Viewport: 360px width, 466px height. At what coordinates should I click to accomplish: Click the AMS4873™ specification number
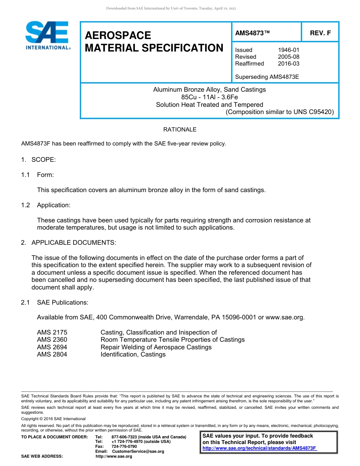pos(252,33)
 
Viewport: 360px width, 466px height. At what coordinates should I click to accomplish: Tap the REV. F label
pos(320,33)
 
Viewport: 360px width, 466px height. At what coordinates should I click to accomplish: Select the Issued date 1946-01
pos(289,50)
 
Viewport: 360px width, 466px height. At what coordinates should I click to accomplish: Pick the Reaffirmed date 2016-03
pos(289,64)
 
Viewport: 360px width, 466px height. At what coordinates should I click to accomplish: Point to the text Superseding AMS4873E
pos(267,77)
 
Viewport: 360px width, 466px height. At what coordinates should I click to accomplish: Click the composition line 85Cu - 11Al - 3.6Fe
pos(209,97)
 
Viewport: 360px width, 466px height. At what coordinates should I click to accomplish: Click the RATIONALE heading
pos(180,130)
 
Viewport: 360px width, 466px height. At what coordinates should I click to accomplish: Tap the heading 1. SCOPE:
pos(38,160)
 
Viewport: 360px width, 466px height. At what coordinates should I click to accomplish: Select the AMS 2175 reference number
pos(52,332)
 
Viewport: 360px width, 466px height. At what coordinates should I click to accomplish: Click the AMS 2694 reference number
pos(52,347)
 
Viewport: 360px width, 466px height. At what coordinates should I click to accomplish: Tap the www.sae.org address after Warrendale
pos(285,317)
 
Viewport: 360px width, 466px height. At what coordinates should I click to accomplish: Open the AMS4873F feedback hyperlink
pos(260,448)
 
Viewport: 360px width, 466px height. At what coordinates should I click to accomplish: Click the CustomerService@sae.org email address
pos(136,451)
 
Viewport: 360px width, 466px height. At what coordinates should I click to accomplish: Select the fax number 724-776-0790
pos(124,447)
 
